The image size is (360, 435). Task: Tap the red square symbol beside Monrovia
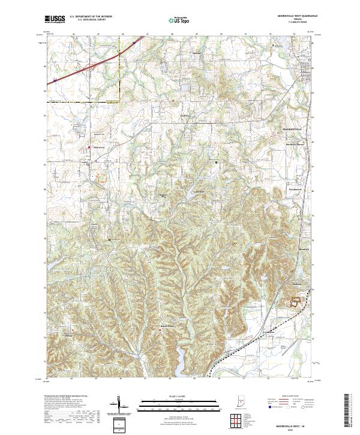90,148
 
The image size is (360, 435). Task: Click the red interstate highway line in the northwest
90,66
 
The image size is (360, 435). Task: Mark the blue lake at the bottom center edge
180,363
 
